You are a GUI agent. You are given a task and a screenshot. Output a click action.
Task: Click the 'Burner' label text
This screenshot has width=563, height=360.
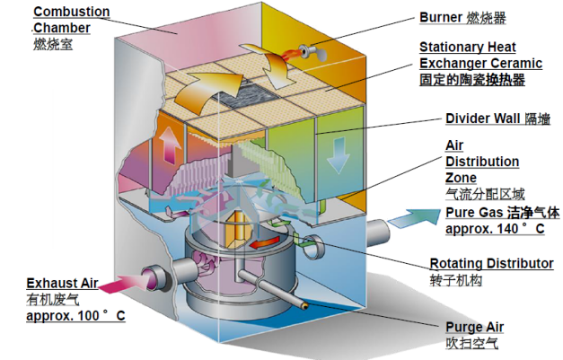(x=441, y=17)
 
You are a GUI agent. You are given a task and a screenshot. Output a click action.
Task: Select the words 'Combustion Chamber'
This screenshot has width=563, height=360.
(x=71, y=20)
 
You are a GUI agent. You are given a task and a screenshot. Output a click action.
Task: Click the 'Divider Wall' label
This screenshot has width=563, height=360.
(x=482, y=119)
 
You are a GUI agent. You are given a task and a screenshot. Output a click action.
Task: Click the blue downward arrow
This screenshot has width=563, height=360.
(x=338, y=155)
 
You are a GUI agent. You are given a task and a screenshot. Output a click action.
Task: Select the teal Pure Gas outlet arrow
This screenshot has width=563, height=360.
(x=414, y=216)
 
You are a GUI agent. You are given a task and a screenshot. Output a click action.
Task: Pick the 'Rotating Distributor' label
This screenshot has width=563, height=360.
(x=491, y=263)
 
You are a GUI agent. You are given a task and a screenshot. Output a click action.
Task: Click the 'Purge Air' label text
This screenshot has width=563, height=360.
(x=475, y=327)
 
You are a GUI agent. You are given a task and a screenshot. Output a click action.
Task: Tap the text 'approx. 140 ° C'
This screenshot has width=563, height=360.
(x=495, y=229)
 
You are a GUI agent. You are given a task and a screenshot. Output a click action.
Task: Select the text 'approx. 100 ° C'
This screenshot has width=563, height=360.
(x=75, y=316)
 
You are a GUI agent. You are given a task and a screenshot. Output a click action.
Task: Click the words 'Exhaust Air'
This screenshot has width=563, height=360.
(x=62, y=283)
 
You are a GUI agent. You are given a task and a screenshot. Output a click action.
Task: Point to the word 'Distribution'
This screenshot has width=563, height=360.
(x=482, y=162)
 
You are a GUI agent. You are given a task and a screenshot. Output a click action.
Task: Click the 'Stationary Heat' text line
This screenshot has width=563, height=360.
(x=468, y=47)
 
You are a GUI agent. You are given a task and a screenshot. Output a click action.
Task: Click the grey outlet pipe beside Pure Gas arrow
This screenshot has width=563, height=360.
(x=378, y=233)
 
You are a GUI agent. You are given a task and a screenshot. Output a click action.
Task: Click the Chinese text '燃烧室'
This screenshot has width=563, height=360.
(x=53, y=44)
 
